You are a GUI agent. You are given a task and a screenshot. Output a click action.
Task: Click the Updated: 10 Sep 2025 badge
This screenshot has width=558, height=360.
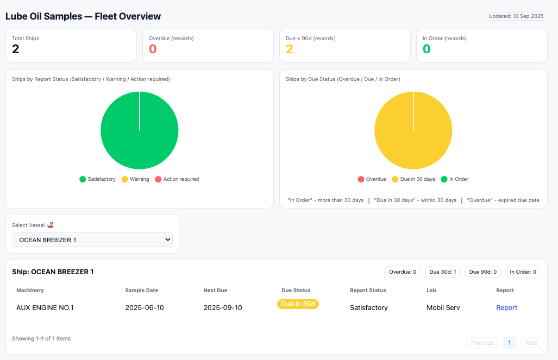click(516, 16)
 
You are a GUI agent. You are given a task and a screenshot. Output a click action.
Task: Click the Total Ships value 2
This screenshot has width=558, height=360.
click(16, 49)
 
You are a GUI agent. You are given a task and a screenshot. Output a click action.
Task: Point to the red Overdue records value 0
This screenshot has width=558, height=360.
click(153, 49)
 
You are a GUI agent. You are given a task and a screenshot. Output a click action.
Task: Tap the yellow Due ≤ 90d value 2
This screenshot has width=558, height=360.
click(290, 49)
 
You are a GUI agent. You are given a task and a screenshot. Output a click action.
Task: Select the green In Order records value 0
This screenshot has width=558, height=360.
click(427, 49)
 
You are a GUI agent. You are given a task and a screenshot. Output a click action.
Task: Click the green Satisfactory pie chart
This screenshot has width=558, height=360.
click(140, 130)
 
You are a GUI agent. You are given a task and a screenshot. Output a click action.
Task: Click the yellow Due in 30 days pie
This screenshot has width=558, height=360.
click(413, 130)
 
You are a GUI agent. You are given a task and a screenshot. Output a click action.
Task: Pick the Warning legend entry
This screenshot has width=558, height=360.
click(135, 179)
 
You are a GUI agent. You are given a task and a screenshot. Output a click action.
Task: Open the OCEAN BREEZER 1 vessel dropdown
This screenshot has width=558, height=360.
click(92, 239)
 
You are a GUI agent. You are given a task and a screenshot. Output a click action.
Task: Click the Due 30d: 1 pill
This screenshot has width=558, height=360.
click(443, 271)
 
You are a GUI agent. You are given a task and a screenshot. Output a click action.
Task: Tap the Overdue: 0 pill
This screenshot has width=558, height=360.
click(403, 271)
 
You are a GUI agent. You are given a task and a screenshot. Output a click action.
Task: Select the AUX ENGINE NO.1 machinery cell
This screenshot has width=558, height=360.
click(45, 308)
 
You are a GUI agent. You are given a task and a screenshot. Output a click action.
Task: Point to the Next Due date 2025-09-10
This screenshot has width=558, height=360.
click(223, 308)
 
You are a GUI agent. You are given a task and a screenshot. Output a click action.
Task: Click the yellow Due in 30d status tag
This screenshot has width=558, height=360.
click(298, 304)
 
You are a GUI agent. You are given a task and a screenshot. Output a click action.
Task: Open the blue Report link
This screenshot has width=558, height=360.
click(506, 308)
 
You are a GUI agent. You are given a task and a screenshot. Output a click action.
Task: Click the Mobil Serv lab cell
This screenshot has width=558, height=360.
click(443, 308)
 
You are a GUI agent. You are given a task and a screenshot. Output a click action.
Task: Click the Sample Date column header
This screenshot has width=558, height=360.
click(142, 290)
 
